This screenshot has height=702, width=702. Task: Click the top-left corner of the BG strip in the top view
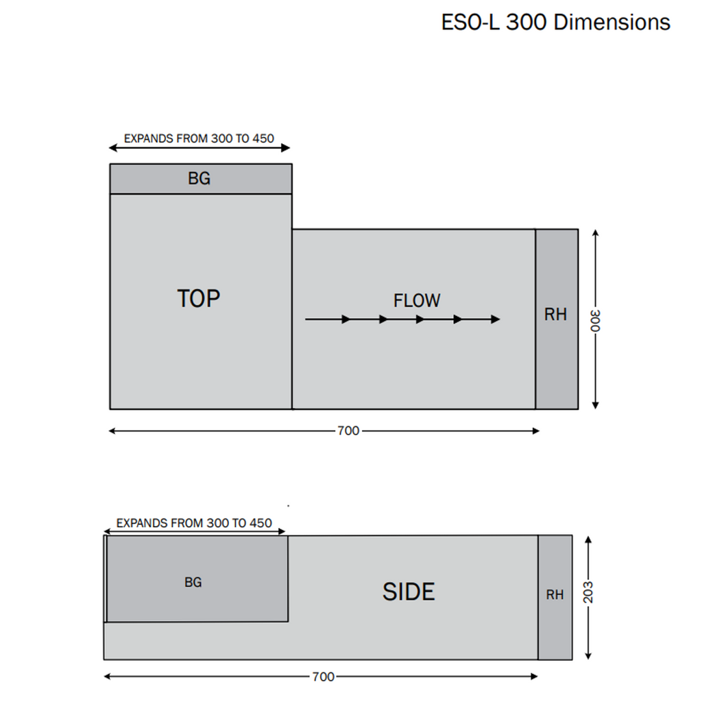[x=110, y=165]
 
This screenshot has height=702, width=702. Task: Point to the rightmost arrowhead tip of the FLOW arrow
[x=500, y=319]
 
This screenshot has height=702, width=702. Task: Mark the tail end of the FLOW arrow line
[x=305, y=319]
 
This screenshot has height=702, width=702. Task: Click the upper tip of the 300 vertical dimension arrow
[x=596, y=230]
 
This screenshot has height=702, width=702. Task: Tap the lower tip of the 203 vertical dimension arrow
[x=588, y=659]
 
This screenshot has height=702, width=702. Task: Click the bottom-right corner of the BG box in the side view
[x=288, y=621]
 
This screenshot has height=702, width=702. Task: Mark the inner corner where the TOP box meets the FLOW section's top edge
[x=292, y=229]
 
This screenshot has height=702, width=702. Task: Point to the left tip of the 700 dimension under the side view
[x=104, y=677]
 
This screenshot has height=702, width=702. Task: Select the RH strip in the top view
[x=557, y=319]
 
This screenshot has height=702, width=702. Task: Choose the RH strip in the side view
[x=555, y=597]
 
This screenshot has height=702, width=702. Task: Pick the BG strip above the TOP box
[x=201, y=179]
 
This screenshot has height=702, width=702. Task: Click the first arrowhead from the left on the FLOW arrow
[x=346, y=319]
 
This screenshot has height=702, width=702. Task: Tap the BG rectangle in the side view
[x=197, y=579]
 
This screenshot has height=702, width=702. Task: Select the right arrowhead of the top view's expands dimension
[x=286, y=148]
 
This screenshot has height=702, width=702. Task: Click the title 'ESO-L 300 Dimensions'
[x=555, y=22]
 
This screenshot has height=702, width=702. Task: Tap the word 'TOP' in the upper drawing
[x=199, y=299]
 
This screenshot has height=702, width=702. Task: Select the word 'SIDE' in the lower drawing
[x=409, y=592]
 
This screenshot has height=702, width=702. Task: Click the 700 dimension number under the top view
[x=348, y=431]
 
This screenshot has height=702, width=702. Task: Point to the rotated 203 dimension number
[x=588, y=592]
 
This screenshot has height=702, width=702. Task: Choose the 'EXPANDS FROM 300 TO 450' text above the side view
[x=194, y=523]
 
